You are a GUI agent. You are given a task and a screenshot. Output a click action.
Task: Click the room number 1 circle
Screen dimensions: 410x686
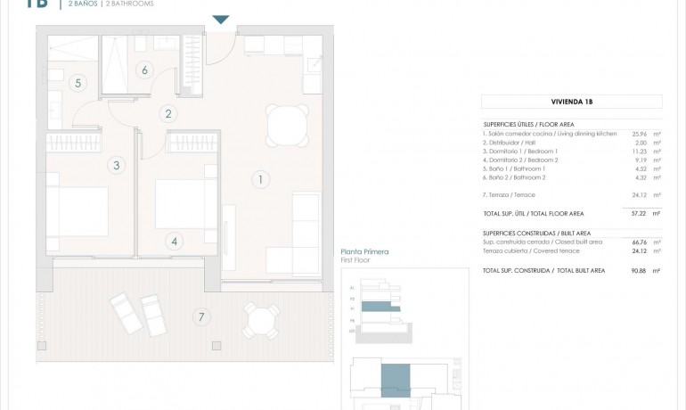(x=259, y=179)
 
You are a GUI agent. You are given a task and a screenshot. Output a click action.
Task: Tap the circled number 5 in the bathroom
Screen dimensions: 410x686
(x=78, y=83)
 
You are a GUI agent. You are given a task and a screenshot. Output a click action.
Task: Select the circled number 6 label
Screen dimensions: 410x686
(x=144, y=70)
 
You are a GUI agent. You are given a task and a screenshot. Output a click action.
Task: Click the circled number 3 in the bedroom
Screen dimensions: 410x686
(x=116, y=165)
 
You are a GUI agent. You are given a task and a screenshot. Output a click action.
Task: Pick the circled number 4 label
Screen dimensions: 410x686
(x=174, y=241)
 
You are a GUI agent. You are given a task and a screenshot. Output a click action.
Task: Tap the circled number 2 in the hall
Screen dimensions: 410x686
(x=167, y=113)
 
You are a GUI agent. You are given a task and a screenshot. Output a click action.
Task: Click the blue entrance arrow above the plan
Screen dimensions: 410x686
(x=221, y=20)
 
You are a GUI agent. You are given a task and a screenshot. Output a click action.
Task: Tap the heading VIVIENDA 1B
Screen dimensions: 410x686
(x=571, y=102)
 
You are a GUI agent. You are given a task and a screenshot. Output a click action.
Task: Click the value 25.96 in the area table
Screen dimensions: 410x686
(x=639, y=134)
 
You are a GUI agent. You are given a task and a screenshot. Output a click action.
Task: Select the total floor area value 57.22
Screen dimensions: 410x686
(x=639, y=214)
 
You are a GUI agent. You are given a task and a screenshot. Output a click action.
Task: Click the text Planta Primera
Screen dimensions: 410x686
(x=364, y=253)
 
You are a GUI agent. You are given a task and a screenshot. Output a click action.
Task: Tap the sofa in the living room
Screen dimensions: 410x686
(x=306, y=234)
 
